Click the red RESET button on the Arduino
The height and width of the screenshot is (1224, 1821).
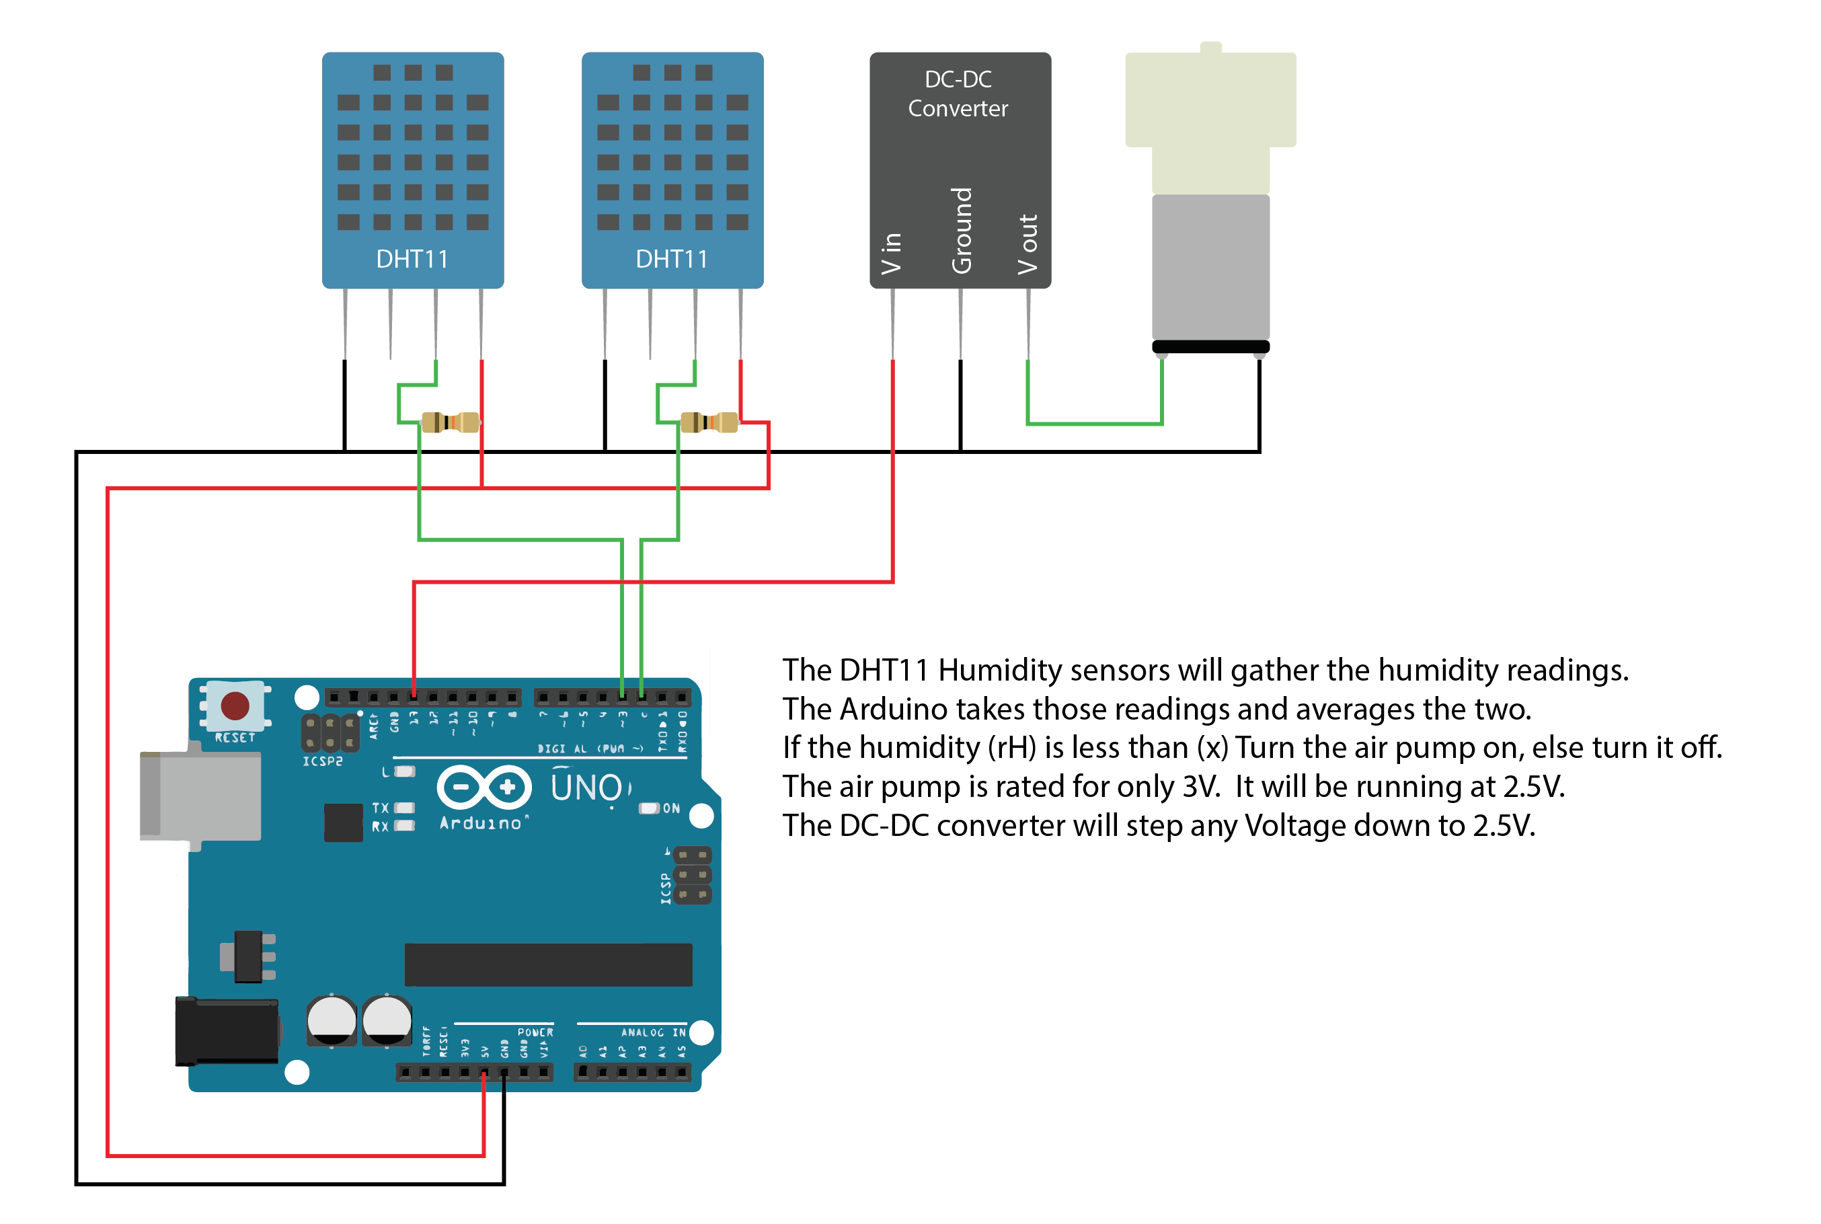click(x=235, y=705)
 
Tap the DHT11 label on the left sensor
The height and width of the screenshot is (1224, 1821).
click(x=412, y=259)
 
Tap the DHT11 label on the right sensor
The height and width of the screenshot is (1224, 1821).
click(x=671, y=259)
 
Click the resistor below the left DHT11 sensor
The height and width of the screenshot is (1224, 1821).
click(x=451, y=422)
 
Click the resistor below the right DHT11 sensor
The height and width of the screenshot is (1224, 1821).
click(x=709, y=422)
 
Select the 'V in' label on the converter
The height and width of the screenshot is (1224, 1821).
click(x=892, y=254)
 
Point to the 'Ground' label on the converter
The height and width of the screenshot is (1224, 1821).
click(x=962, y=230)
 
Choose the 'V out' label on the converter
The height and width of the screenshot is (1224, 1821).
click(x=1028, y=244)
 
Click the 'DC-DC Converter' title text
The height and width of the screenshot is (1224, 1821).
click(x=958, y=93)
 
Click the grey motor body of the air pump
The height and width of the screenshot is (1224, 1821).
click(x=1210, y=267)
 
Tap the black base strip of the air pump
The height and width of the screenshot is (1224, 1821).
click(x=1210, y=346)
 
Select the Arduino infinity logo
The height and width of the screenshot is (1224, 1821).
click(x=484, y=787)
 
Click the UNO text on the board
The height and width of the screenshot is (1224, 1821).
click(x=587, y=788)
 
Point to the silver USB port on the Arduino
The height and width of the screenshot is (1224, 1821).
click(x=200, y=796)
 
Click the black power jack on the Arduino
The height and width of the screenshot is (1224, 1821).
click(x=227, y=1030)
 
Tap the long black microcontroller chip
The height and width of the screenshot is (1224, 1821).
click(x=548, y=965)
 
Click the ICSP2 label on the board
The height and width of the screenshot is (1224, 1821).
click(x=322, y=761)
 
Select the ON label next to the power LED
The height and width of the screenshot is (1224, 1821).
click(x=671, y=808)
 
